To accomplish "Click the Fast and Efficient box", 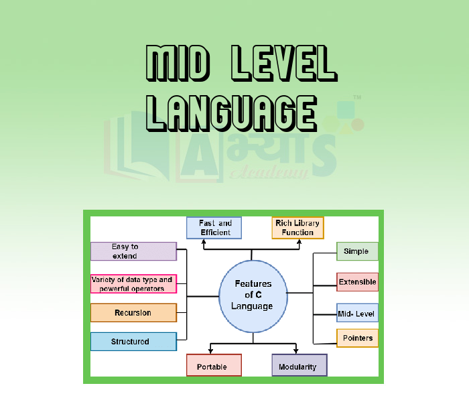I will pos(214,228).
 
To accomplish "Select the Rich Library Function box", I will pos(297,228).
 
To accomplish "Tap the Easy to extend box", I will pos(133,251).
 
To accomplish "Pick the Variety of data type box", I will pos(133,283).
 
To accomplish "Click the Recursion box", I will pos(133,313).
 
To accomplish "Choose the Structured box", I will pos(133,342).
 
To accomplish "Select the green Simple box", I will pos(356,251).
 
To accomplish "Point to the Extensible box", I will pos(357,282).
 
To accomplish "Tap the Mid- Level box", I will pos(357,313).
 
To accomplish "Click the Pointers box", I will pos(357,338).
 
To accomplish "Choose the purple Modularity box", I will pos(299,366).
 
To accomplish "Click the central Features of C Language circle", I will pos(253,295).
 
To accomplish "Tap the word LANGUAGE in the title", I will pos(231,111).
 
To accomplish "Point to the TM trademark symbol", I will pos(357,98).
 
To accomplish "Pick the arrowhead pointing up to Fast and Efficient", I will pos(204,242).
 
